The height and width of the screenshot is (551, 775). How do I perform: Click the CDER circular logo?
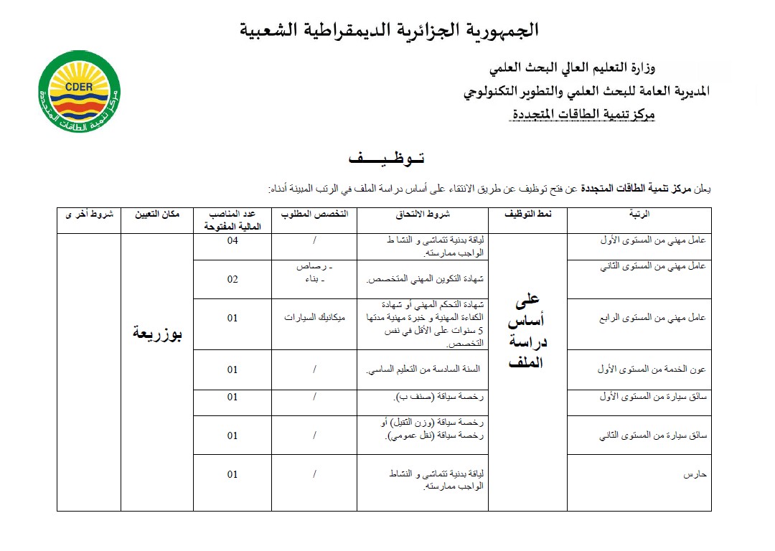pos(79,92)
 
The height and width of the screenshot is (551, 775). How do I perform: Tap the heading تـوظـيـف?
pos(386,157)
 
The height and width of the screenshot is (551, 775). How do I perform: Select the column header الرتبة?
pos(639,215)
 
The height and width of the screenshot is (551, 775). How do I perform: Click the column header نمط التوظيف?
pos(527,215)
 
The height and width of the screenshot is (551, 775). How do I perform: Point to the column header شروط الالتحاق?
pos(423,215)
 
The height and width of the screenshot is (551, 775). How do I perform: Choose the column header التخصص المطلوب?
pos(314,215)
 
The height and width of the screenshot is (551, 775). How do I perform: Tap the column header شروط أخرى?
pos(89,215)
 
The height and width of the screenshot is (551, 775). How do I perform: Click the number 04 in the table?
pos(232,241)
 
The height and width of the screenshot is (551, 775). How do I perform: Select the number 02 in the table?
pos(232,279)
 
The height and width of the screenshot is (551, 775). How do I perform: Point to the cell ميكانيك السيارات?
pos(314,318)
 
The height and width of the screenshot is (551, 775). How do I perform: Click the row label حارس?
pos(696,474)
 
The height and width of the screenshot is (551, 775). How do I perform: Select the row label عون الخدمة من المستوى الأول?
pos(652,369)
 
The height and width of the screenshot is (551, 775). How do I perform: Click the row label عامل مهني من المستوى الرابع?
pos(653,318)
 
